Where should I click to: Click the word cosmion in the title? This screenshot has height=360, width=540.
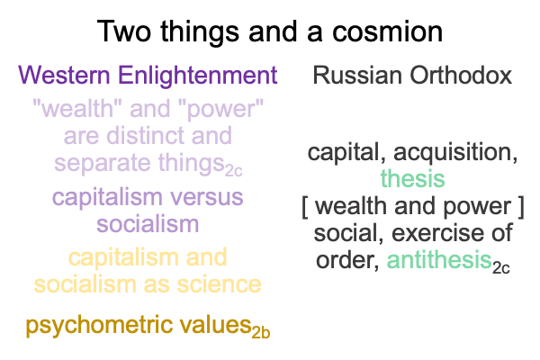(x=387, y=31)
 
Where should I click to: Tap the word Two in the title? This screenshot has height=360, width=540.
(x=124, y=31)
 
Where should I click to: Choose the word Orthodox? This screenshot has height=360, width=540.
(x=461, y=75)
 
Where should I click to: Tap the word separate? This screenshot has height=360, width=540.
(x=103, y=164)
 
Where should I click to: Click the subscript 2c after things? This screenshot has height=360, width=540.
(x=233, y=171)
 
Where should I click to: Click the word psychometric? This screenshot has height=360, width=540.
(x=99, y=326)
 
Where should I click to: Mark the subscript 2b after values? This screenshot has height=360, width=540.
(x=261, y=333)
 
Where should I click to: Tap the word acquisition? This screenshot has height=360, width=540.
(x=455, y=153)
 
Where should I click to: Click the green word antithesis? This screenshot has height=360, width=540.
(x=439, y=260)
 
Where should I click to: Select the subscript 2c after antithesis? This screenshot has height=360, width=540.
(x=500, y=267)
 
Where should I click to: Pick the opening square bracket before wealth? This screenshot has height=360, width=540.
(x=305, y=207)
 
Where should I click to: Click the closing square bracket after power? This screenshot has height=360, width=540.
(x=521, y=207)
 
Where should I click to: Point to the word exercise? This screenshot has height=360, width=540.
(x=442, y=233)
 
